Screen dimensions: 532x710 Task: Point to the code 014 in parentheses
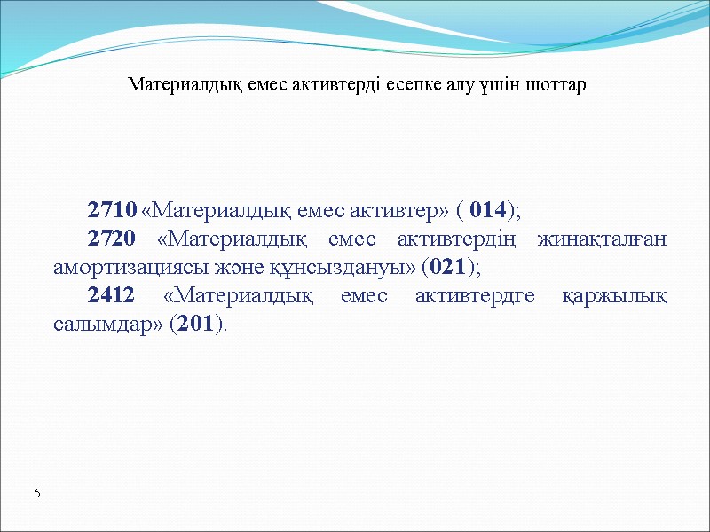click(x=488, y=210)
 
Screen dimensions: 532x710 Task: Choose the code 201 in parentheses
click(x=195, y=324)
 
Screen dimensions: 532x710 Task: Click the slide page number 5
click(x=38, y=492)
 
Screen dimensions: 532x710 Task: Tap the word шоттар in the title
click(x=556, y=86)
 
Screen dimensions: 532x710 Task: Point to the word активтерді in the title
click(x=336, y=86)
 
